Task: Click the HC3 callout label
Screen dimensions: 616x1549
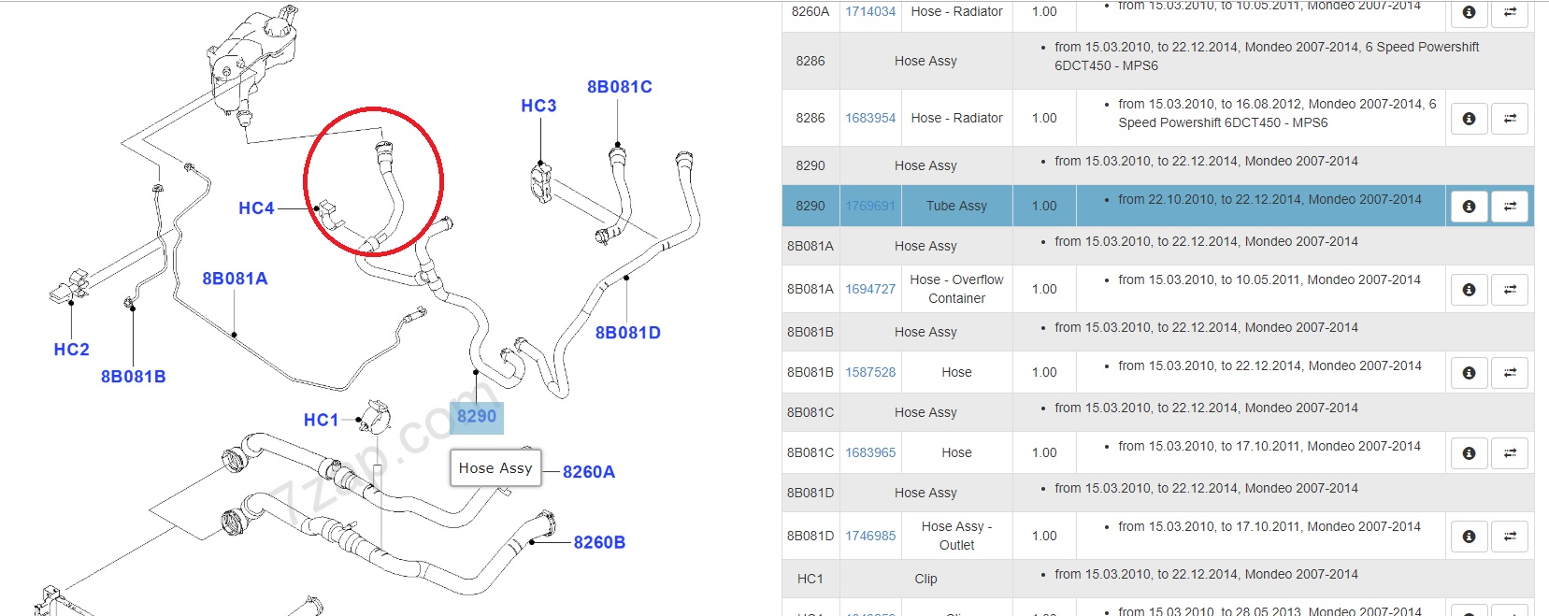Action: point(538,106)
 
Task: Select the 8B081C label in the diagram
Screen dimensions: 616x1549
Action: point(619,87)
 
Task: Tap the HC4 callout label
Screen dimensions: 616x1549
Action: point(256,208)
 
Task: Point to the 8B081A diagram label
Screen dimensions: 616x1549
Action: point(235,279)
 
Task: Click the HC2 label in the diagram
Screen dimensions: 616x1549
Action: point(71,350)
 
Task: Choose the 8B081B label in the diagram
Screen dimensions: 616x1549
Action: point(133,377)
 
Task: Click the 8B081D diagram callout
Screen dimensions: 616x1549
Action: point(627,333)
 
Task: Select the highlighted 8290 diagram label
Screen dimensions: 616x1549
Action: point(477,416)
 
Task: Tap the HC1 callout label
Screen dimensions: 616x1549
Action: point(321,420)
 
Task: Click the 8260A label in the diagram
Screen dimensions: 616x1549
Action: point(588,472)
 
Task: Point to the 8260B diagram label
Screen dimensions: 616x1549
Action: point(599,542)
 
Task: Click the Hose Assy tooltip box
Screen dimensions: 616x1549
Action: point(495,468)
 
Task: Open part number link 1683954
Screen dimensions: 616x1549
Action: point(870,118)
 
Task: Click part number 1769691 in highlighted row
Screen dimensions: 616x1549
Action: point(870,206)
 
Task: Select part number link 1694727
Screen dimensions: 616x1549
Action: point(870,289)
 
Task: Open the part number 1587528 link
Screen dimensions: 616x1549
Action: point(870,372)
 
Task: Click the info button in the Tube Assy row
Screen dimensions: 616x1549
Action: point(1469,207)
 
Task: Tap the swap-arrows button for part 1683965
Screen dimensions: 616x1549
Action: point(1510,453)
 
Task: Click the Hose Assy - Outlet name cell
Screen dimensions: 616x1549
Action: point(956,536)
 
